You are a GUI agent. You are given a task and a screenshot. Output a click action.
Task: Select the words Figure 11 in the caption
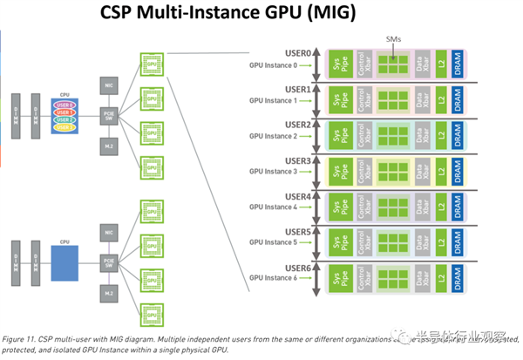pyautogui.click(x=21, y=336)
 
